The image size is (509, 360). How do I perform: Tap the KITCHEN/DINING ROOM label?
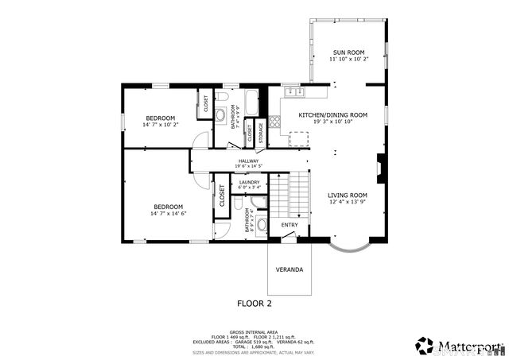pos(332,115)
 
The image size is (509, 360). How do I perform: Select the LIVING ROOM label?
pos(348,195)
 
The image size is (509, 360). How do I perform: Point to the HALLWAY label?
pos(248,161)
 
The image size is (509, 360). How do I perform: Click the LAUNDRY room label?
pos(249,182)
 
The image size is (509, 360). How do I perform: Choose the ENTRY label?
pos(289,225)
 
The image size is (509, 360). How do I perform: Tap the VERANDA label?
pos(289,269)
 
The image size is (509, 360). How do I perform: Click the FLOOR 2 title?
pos(254,304)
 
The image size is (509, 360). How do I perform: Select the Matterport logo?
pos(459,345)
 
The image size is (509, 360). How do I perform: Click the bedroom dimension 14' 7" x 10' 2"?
pos(161,125)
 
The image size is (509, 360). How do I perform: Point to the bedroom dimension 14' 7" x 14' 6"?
pos(168,213)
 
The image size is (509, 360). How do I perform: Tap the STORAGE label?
pos(260,133)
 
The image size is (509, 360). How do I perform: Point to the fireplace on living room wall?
pos(381,168)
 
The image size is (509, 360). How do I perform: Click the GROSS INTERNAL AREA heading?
pos(254,332)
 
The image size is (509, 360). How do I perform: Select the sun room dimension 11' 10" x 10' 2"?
pos(347,59)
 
